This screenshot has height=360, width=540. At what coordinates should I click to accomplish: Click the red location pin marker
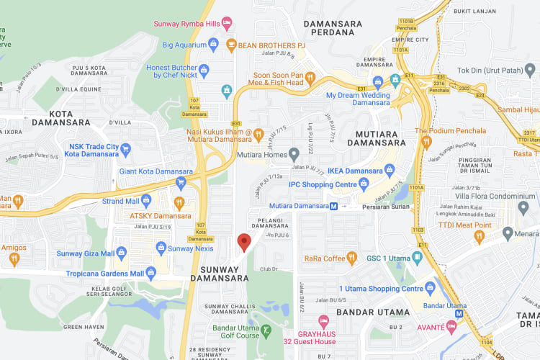[x=244, y=242]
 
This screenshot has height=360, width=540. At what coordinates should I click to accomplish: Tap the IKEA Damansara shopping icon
[x=390, y=171]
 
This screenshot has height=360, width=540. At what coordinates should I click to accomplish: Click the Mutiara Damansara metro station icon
[x=333, y=206]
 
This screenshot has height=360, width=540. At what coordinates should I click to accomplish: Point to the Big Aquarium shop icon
[x=213, y=45]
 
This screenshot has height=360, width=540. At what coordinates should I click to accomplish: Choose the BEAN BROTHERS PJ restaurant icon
[x=231, y=45]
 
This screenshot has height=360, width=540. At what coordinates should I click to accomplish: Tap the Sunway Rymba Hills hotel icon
[x=227, y=23]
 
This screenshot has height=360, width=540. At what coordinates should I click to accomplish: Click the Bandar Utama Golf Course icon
[x=266, y=330]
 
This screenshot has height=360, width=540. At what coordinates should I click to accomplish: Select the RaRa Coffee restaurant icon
[x=351, y=258]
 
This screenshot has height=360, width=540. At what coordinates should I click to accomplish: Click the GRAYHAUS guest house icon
[x=323, y=320]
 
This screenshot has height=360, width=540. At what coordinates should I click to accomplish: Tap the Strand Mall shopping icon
[x=146, y=200]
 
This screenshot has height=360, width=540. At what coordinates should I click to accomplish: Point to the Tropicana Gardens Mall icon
[x=150, y=272]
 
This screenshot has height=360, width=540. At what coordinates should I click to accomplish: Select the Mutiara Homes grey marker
[x=294, y=154]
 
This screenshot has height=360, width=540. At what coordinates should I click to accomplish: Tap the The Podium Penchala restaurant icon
[x=426, y=142]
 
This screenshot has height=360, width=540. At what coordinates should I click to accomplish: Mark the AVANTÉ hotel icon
[x=451, y=326]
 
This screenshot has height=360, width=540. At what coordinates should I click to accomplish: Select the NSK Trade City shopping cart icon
[x=126, y=149]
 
